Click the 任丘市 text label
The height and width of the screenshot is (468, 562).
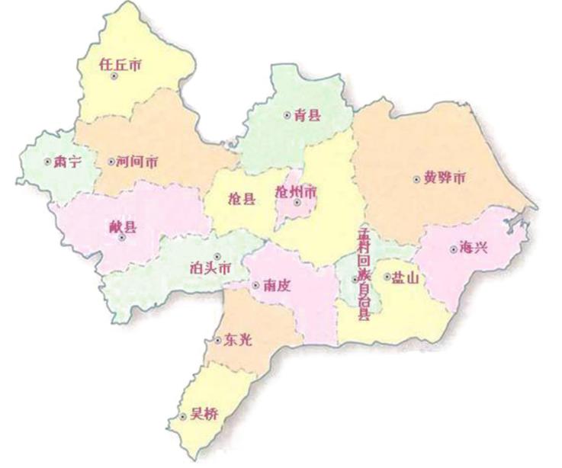click(120, 65)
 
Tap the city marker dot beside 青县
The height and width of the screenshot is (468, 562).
click(287, 116)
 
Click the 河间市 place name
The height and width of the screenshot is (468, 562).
click(138, 162)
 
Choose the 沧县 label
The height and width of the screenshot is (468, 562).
click(242, 200)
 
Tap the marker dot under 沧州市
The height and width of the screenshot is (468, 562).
click(297, 203)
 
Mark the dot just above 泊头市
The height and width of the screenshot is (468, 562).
click(217, 256)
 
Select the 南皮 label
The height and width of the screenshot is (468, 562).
click(275, 286)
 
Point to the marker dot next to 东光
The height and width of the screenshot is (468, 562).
click(216, 341)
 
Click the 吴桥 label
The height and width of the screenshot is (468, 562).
click(204, 416)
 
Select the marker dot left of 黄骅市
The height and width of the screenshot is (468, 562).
click(416, 180)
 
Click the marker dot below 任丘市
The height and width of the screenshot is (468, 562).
click(114, 76)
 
